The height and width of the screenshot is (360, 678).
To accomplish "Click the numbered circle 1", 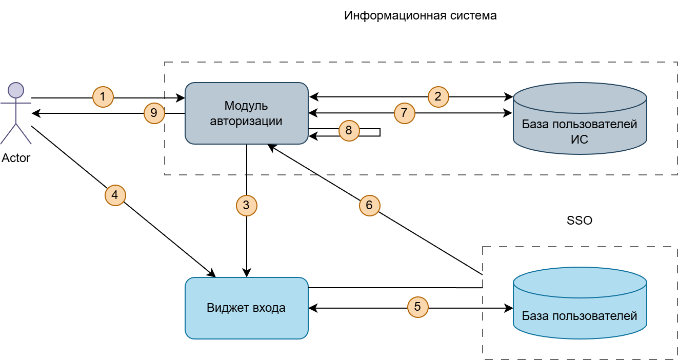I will pyautogui.click(x=103, y=96).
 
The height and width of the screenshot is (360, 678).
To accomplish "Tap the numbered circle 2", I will pyautogui.click(x=438, y=96).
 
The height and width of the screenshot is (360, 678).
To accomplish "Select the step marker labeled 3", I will pyautogui.click(x=246, y=206).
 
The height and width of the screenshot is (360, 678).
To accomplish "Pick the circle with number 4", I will pyautogui.click(x=115, y=195).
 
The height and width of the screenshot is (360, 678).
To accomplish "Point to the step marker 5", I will pyautogui.click(x=417, y=307).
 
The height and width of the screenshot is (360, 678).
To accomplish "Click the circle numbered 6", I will pyautogui.click(x=369, y=206).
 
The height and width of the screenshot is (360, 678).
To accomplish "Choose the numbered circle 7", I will pyautogui.click(x=404, y=113).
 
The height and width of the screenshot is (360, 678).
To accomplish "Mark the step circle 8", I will pyautogui.click(x=349, y=131).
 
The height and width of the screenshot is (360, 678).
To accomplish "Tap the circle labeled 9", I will pyautogui.click(x=154, y=113).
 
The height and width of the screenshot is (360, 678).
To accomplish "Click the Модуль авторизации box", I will pyautogui.click(x=246, y=113).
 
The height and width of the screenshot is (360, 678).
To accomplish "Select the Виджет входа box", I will pyautogui.click(x=246, y=308).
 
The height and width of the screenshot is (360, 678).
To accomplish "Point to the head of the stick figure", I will pyautogui.click(x=16, y=90).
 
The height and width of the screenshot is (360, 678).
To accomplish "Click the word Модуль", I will pyautogui.click(x=246, y=106).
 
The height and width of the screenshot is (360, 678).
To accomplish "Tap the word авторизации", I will pyautogui.click(x=246, y=122).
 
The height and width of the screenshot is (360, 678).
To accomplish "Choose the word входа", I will pyautogui.click(x=269, y=308).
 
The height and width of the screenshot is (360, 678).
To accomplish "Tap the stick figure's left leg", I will pyautogui.click(x=8, y=134).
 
